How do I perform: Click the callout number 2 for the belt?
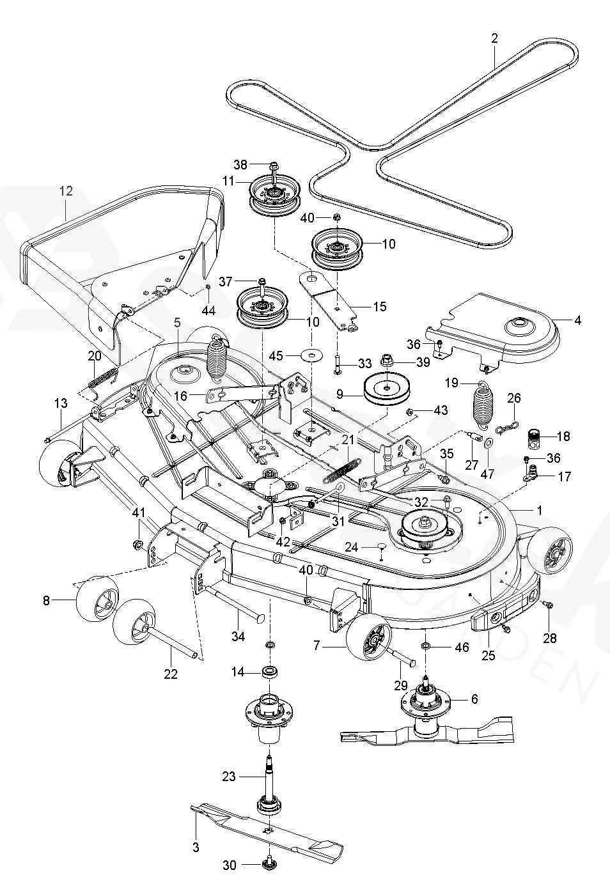pos(494,38)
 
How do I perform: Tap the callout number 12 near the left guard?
pos(66,190)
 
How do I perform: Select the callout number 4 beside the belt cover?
pos(577,320)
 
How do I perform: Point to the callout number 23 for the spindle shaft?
pos(228,777)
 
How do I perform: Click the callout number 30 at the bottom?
pos(229,865)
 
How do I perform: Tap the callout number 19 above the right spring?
pos(451,384)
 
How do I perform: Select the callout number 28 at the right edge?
pos(549,638)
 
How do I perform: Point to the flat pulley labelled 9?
pos(387,389)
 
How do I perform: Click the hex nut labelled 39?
pos(388,361)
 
